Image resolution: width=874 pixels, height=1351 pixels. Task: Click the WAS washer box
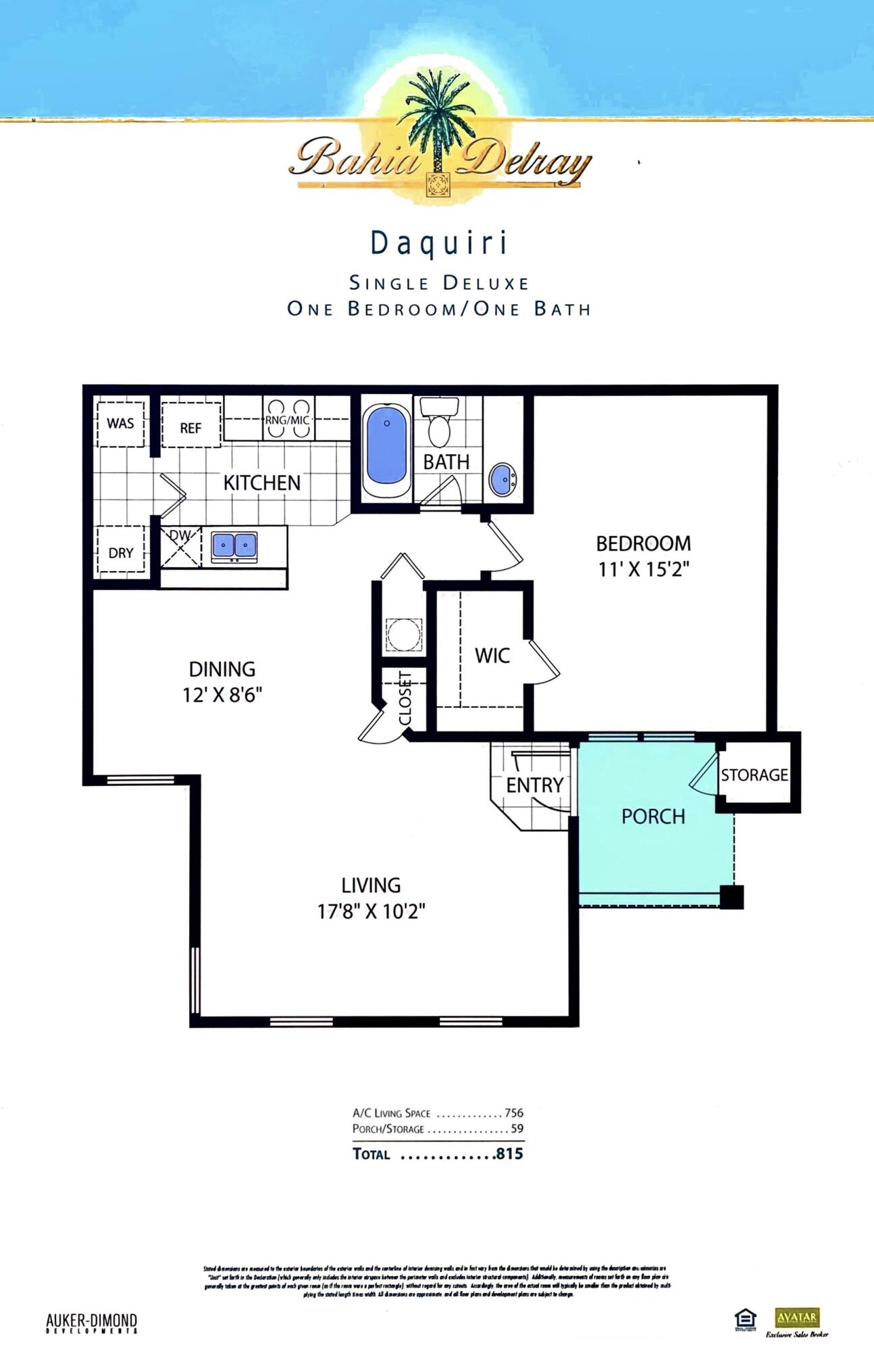pyautogui.click(x=120, y=424)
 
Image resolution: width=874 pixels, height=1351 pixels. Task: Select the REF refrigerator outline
pyautogui.click(x=190, y=426)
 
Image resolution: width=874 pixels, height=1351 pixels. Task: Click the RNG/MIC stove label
pyautogui.click(x=288, y=420)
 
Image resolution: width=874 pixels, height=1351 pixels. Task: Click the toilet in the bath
pyautogui.click(x=440, y=424)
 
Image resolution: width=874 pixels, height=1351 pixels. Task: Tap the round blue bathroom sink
pyautogui.click(x=503, y=478)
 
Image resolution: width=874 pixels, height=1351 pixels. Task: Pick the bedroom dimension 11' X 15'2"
pyautogui.click(x=642, y=570)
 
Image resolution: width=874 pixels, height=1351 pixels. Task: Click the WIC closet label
pyautogui.click(x=492, y=655)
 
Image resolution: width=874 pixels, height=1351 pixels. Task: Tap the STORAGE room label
pyautogui.click(x=754, y=775)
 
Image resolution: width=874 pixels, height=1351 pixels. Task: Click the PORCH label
pyautogui.click(x=653, y=816)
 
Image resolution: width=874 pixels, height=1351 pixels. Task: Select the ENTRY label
pyautogui.click(x=534, y=785)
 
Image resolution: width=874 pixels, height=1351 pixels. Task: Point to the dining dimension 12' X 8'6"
pyautogui.click(x=222, y=695)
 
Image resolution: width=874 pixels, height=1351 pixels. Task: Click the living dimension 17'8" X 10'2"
pyautogui.click(x=371, y=912)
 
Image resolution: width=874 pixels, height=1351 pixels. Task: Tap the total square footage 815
pyautogui.click(x=509, y=1154)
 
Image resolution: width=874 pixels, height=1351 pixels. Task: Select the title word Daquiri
pyautogui.click(x=439, y=243)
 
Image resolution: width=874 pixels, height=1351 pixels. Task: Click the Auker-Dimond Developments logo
pyautogui.click(x=91, y=1323)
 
